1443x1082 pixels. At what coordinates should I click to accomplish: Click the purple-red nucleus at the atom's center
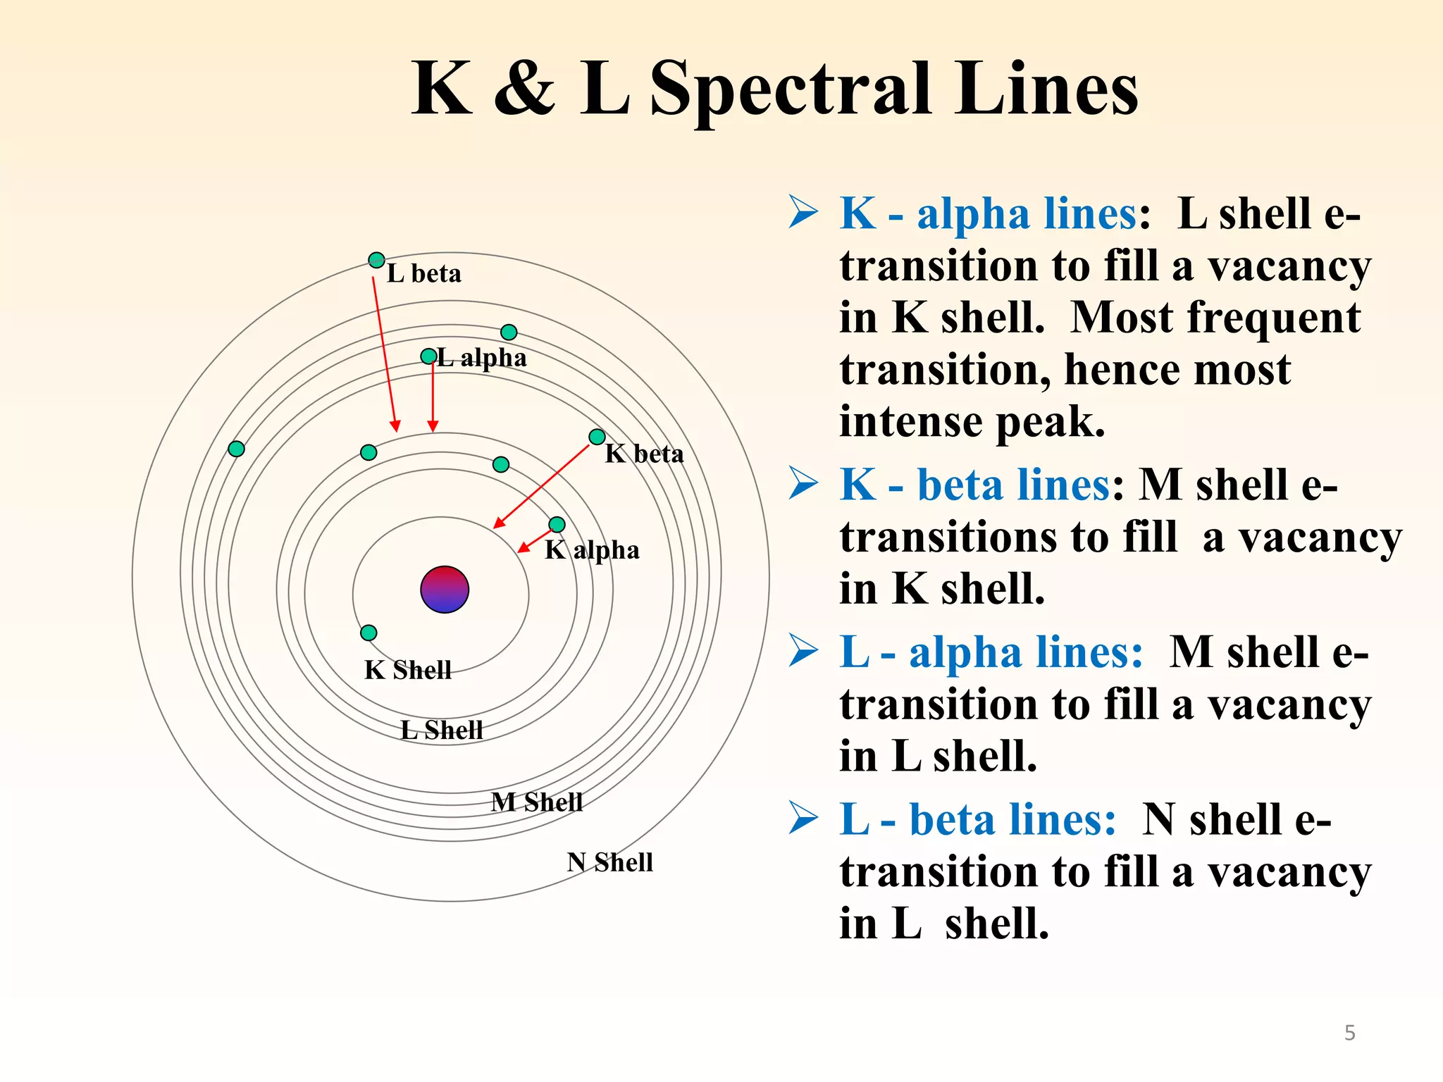(x=445, y=590)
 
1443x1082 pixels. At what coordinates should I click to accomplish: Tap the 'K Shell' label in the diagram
(x=407, y=670)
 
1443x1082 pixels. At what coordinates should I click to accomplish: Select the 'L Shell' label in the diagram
(x=442, y=730)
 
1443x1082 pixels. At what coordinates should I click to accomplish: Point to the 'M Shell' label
(x=537, y=802)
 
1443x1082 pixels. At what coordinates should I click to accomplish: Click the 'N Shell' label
(x=610, y=862)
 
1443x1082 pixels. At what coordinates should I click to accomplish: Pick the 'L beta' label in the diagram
(x=424, y=273)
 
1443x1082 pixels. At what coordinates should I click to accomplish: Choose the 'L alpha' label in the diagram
(x=482, y=358)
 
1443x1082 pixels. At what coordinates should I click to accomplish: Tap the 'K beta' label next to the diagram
(x=644, y=454)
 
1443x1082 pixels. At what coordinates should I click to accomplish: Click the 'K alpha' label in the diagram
(x=592, y=550)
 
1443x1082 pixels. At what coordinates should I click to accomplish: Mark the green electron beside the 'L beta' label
(x=377, y=260)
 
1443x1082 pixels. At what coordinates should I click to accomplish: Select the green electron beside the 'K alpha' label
(x=557, y=525)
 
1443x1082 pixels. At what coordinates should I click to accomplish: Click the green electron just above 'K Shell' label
(x=369, y=633)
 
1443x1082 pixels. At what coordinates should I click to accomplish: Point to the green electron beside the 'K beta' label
(x=597, y=437)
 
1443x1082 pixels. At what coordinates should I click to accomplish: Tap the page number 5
(x=1349, y=1033)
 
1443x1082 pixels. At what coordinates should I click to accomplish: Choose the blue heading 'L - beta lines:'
(x=977, y=820)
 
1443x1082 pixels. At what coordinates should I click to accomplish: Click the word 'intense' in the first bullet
(x=910, y=421)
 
